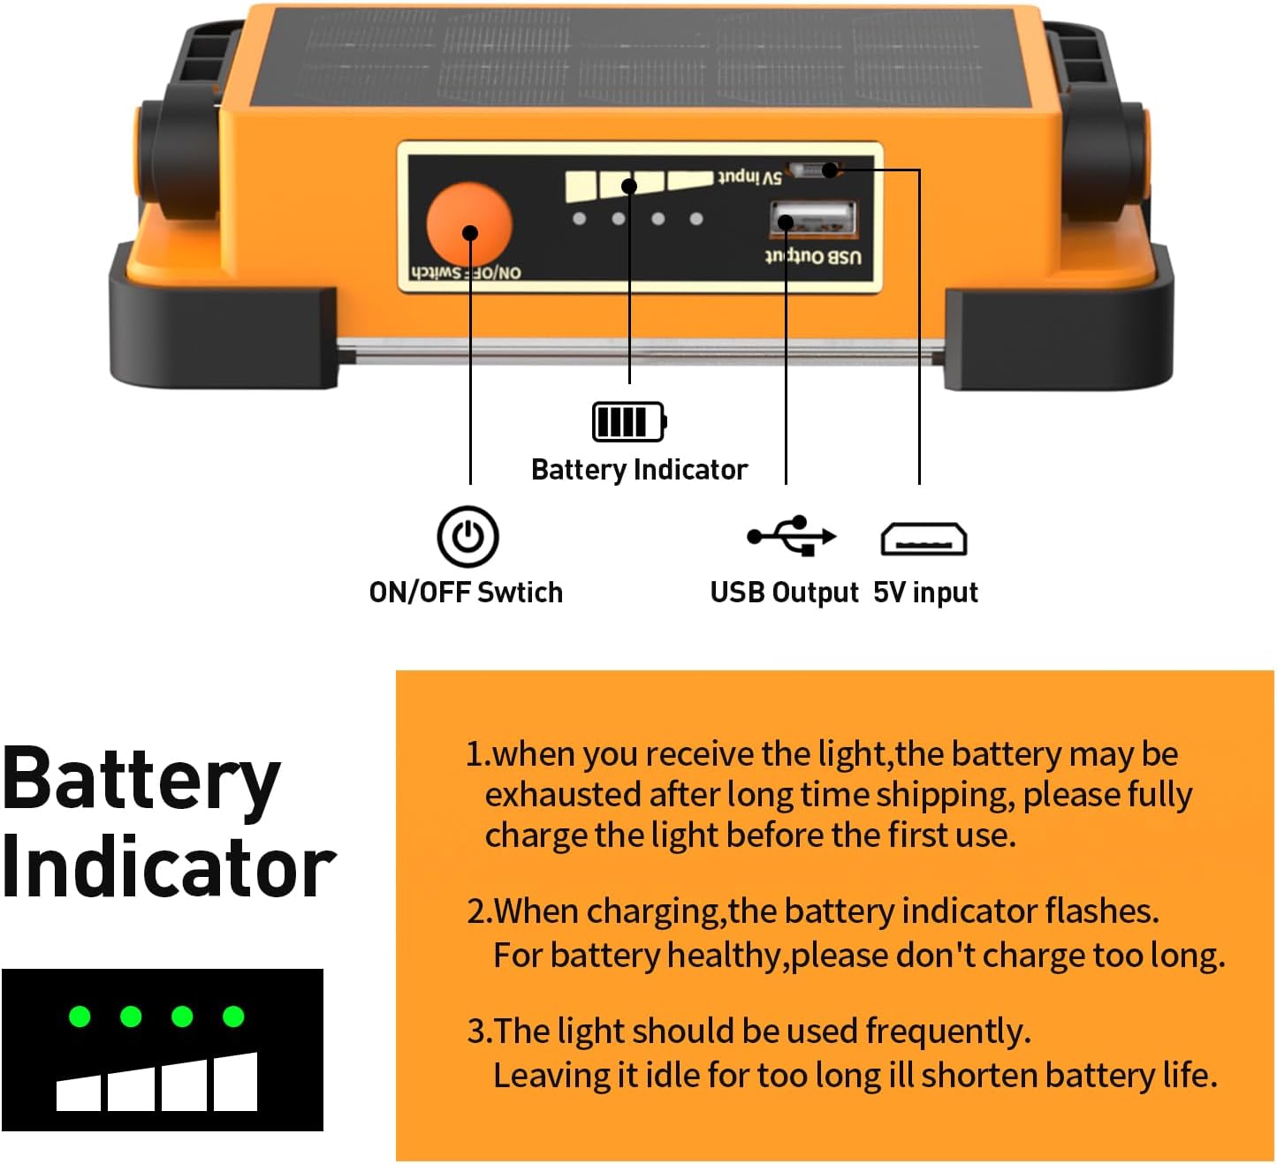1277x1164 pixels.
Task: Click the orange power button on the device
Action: (x=469, y=225)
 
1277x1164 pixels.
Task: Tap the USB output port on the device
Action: (x=813, y=219)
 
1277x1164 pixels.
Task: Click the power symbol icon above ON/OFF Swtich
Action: (x=467, y=536)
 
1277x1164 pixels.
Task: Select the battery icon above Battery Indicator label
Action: (x=628, y=421)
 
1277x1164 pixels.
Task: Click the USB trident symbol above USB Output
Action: (x=792, y=535)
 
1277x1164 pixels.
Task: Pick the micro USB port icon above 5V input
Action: (x=924, y=539)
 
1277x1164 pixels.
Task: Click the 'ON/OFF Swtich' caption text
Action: (x=466, y=592)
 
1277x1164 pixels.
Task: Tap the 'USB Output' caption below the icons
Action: (x=784, y=592)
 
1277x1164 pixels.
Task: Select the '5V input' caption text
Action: (x=925, y=592)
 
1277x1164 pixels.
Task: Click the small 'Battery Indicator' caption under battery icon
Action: (x=639, y=469)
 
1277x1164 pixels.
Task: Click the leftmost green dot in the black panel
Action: (x=80, y=1017)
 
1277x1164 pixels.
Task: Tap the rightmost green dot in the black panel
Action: (x=233, y=1017)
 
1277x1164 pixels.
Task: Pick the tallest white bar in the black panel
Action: (x=235, y=1082)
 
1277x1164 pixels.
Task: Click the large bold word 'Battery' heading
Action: (x=141, y=780)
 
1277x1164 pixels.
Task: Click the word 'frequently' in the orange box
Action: (x=946, y=1031)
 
